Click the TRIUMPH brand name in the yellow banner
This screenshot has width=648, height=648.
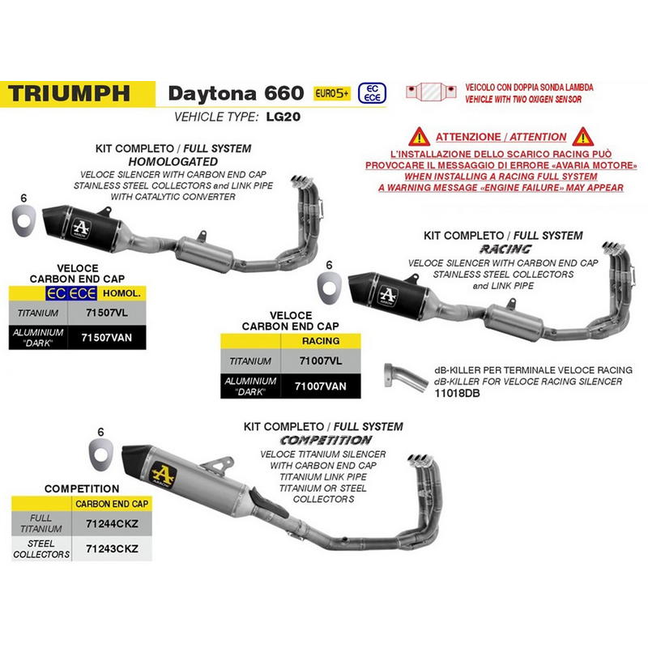pyautogui.click(x=69, y=93)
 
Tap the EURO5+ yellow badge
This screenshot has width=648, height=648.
pyautogui.click(x=332, y=93)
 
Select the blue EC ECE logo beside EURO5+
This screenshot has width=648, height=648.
pyautogui.click(x=372, y=93)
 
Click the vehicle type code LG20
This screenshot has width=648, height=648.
pyautogui.click(x=283, y=117)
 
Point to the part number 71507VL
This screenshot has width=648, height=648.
pyautogui.click(x=107, y=313)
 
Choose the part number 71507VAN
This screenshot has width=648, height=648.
pyautogui.click(x=107, y=338)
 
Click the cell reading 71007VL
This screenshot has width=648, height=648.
pyautogui.click(x=321, y=360)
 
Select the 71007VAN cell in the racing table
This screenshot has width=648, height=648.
pyautogui.click(x=321, y=386)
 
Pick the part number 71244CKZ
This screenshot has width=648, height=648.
pyautogui.click(x=112, y=523)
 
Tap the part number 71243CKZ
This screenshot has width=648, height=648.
pyautogui.click(x=112, y=549)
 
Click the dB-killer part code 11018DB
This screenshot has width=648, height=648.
pyautogui.click(x=457, y=393)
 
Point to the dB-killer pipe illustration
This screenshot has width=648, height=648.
pyautogui.click(x=406, y=377)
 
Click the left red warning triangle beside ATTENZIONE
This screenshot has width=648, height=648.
pyautogui.click(x=419, y=137)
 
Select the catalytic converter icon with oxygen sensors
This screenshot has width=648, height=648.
pyautogui.click(x=431, y=92)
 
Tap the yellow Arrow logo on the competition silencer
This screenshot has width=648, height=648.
pyautogui.click(x=164, y=475)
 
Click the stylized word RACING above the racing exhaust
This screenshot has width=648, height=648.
pyautogui.click(x=505, y=249)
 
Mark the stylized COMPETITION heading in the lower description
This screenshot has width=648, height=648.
pyautogui.click(x=326, y=440)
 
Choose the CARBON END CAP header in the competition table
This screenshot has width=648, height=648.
pyautogui.click(x=112, y=504)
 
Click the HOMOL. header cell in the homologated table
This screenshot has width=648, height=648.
pyautogui.click(x=122, y=293)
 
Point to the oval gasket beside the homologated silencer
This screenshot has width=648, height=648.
pyautogui.click(x=23, y=220)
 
